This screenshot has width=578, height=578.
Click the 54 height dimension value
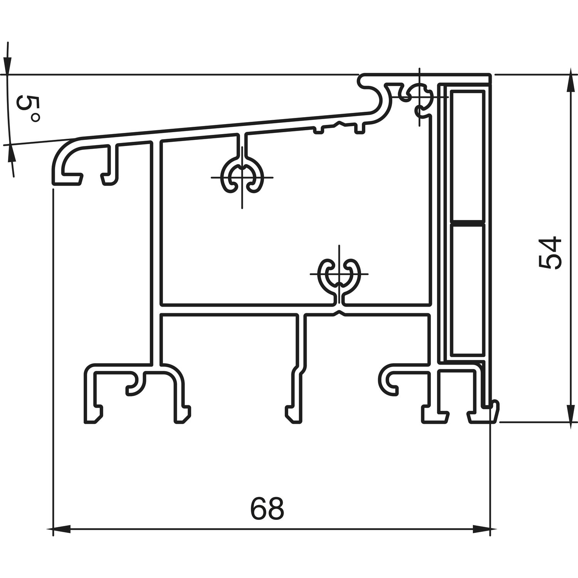point(550,253)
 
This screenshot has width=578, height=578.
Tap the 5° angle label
point(28,109)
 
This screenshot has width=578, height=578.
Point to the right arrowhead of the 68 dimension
point(481,530)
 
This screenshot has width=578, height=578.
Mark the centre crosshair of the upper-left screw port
point(242,177)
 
